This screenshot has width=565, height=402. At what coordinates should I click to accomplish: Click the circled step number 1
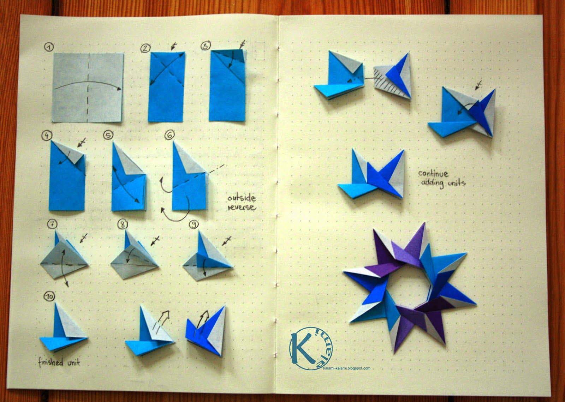click(x=49, y=47)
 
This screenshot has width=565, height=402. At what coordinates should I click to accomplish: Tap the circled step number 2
click(x=145, y=48)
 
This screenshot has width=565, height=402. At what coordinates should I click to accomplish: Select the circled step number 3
click(x=206, y=46)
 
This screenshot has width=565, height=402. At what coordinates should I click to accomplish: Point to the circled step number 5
click(x=108, y=135)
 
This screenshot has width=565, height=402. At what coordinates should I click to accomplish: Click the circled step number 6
click(x=169, y=135)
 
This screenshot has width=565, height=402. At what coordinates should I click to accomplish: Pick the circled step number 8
click(x=123, y=224)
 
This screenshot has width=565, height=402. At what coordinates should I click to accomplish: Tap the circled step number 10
click(x=49, y=297)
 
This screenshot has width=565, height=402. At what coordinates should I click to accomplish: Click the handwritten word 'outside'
click(x=242, y=198)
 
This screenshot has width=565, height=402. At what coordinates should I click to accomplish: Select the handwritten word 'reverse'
click(x=242, y=208)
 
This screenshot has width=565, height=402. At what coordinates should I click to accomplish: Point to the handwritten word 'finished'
click(x=51, y=363)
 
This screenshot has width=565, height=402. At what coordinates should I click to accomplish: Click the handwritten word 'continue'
click(x=433, y=174)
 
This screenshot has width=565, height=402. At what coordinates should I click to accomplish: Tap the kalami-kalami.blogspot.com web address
click(x=346, y=368)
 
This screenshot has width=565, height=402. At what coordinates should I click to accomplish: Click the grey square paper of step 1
click(x=88, y=88)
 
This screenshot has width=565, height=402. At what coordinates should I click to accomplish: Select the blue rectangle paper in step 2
click(x=166, y=87)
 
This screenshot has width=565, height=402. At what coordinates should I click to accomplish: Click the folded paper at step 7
click(x=64, y=257)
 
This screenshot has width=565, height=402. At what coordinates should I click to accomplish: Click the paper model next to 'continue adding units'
click(x=371, y=174)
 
